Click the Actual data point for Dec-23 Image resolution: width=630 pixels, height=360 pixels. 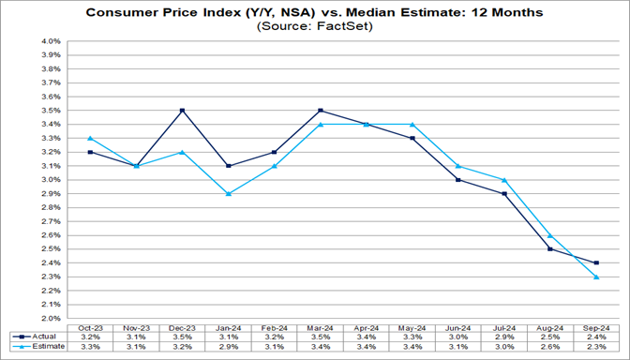click(x=182, y=110)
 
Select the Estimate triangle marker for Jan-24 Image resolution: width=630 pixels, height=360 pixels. click(x=228, y=193)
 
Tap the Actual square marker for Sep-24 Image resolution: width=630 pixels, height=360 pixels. click(x=596, y=262)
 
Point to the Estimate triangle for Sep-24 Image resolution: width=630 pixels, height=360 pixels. click(x=596, y=277)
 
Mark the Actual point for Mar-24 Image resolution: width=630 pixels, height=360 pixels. click(x=320, y=110)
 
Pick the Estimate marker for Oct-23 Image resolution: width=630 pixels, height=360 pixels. click(x=90, y=138)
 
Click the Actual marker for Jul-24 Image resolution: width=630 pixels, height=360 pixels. click(x=503, y=193)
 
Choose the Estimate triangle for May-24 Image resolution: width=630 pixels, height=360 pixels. click(x=412, y=124)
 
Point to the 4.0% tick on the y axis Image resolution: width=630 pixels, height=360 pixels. click(x=50, y=41)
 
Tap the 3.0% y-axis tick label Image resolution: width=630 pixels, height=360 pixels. click(x=50, y=180)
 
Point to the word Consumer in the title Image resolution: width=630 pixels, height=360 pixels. click(x=121, y=12)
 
